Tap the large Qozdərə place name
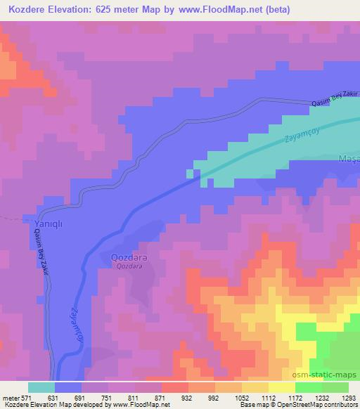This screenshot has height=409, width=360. tap(128, 258)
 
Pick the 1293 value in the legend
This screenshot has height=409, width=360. tap(347, 397)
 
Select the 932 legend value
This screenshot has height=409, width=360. tap(186, 397)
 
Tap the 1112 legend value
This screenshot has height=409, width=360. tap(267, 397)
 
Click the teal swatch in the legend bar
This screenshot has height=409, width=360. tap(41, 387)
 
